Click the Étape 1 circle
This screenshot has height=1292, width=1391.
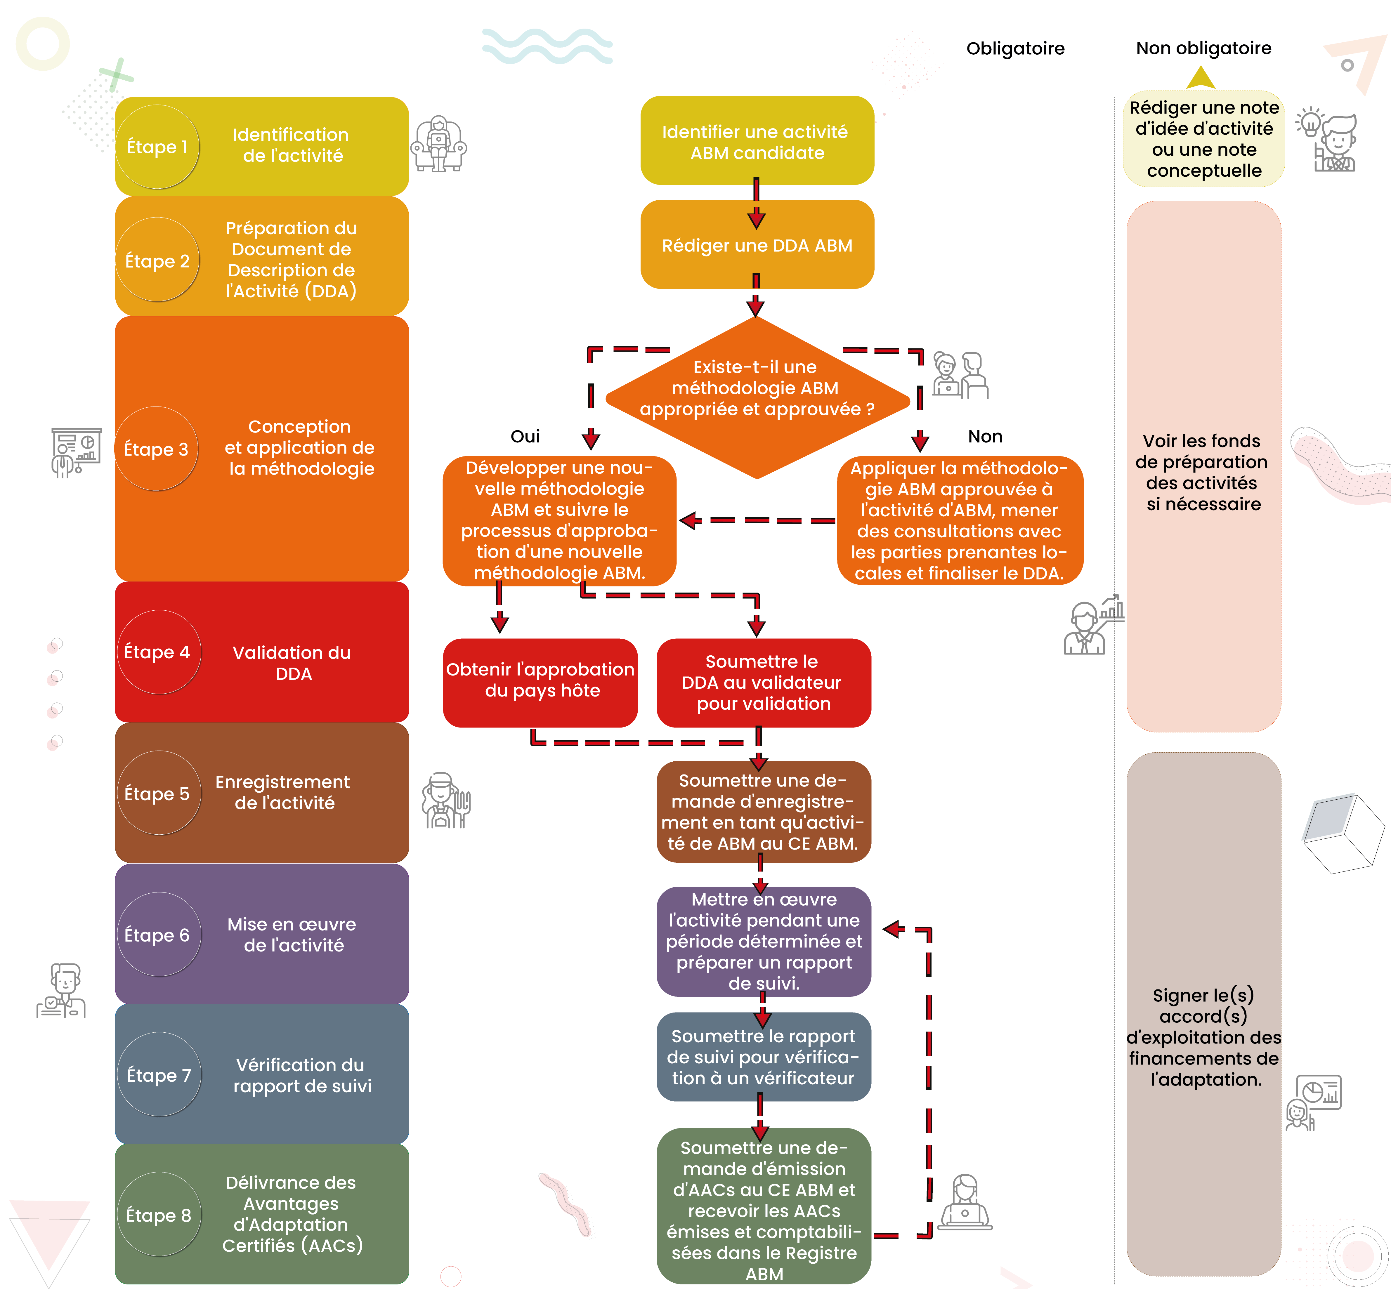[157, 147]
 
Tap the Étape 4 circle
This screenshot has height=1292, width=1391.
[158, 652]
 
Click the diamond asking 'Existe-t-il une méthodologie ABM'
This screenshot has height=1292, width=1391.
[757, 397]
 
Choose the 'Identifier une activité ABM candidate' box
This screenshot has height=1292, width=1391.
[757, 142]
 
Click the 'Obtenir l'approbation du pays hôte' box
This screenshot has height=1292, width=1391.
[540, 680]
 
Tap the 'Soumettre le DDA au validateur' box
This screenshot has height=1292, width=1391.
[763, 682]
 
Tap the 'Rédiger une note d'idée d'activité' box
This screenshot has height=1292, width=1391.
[1203, 139]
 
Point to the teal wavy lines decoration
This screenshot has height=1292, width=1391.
[547, 46]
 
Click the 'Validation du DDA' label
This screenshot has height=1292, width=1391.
[292, 663]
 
